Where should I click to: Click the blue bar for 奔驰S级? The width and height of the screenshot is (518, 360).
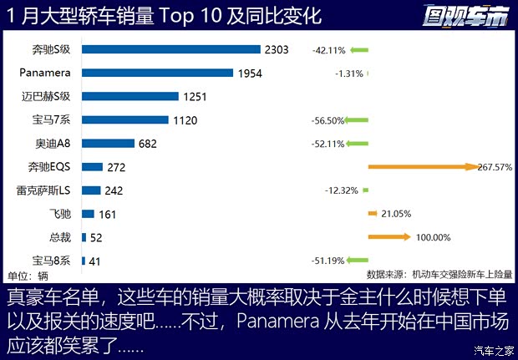(x=171, y=49)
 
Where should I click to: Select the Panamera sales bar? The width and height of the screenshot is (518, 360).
(x=158, y=73)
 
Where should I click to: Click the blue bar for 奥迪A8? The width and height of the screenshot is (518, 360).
(x=109, y=144)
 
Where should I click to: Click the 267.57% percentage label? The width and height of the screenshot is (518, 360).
(x=494, y=167)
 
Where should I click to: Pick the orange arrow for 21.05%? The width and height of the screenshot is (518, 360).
(x=373, y=214)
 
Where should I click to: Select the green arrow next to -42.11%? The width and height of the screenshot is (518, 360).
(x=359, y=49)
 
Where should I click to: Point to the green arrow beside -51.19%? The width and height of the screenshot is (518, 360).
(x=358, y=261)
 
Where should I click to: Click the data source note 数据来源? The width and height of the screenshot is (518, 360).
(x=440, y=274)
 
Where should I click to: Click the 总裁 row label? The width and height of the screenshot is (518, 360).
(x=60, y=237)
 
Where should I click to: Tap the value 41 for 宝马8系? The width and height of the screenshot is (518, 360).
(x=94, y=261)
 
